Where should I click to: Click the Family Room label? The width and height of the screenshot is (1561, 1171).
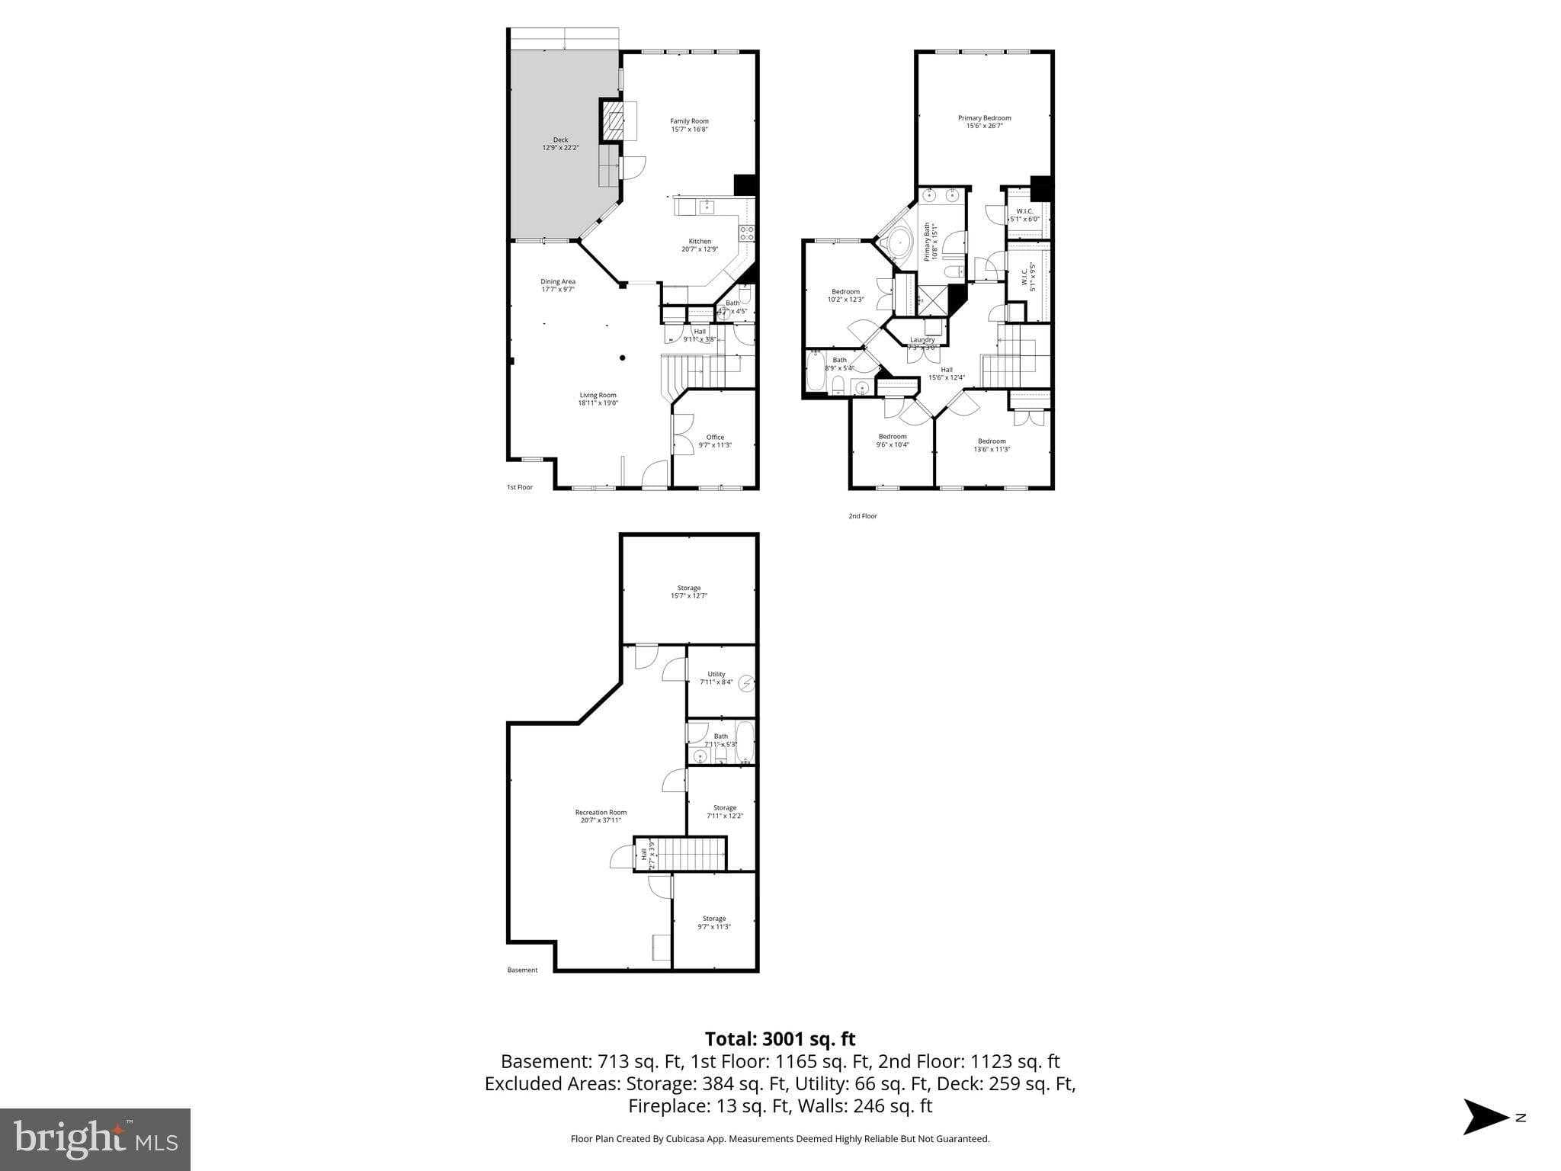(x=689, y=121)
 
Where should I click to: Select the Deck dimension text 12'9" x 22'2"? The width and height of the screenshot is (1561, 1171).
(x=560, y=148)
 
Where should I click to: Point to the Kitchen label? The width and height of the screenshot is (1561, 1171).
(x=700, y=242)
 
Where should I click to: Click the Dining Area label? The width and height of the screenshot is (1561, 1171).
(x=558, y=281)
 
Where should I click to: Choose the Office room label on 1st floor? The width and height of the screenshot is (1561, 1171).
(x=715, y=437)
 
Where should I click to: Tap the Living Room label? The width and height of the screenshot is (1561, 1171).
(x=598, y=395)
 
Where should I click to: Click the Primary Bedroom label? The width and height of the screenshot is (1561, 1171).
(x=984, y=118)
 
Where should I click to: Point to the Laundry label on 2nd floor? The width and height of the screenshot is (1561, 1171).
(x=922, y=340)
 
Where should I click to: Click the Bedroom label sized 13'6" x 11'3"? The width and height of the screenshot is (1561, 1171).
(x=992, y=441)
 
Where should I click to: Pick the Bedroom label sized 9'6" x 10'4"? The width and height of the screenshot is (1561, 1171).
(x=893, y=437)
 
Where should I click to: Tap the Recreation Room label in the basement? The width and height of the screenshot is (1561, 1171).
(x=601, y=812)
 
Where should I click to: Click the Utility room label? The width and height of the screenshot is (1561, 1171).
(x=716, y=674)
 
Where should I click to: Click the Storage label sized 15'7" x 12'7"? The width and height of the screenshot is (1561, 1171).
(x=689, y=588)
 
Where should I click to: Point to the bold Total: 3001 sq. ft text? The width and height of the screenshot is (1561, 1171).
(x=780, y=1039)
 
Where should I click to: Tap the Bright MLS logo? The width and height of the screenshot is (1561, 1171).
(x=95, y=1139)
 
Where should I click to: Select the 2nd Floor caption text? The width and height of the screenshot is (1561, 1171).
(x=863, y=516)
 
